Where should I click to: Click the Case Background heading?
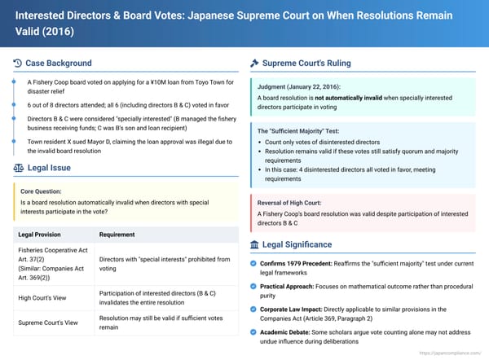click(x=59, y=64)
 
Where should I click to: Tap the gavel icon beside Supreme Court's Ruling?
click(x=254, y=64)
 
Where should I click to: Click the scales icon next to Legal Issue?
click(x=18, y=168)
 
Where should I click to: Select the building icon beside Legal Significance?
click(x=254, y=244)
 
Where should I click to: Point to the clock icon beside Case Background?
click(x=18, y=64)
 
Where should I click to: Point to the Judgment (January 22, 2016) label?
click(x=299, y=86)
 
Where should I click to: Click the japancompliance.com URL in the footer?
click(x=451, y=353)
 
